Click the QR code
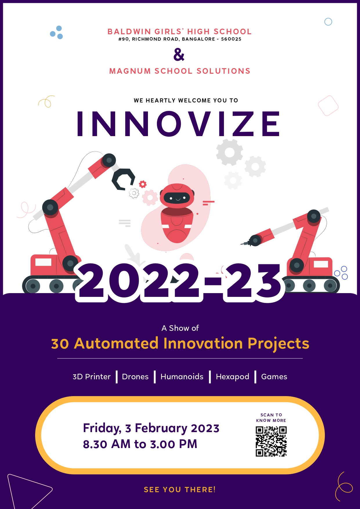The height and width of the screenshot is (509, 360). pos(271,441)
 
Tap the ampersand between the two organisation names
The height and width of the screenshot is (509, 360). pos(179,55)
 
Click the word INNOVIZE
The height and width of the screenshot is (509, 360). pos(178,124)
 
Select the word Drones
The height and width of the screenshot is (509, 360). pos(135,377)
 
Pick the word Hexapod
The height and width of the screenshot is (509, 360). pos(232,377)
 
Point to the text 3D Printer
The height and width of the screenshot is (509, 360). pos(92,377)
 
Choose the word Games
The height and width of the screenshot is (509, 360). pos(274,377)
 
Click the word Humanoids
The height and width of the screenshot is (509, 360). pos(182,377)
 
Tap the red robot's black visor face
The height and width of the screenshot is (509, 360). pos(177,198)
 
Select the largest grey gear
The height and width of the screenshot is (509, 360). pos(229,152)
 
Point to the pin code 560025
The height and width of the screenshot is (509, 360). pos(231,39)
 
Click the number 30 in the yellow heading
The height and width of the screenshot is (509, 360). pos(60,344)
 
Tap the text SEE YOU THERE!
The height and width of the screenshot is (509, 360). pos(180,490)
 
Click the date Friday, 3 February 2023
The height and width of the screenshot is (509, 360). pos(151,429)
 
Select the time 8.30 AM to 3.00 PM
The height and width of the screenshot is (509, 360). pos(140,444)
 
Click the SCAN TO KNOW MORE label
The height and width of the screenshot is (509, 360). pos(271,418)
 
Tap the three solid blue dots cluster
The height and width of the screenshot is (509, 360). pos(57,33)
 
